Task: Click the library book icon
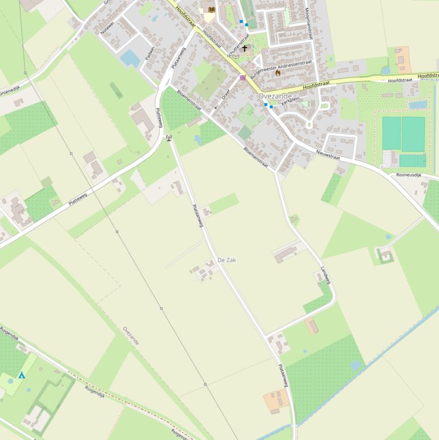tap(212, 9)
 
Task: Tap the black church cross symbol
tap(245, 49)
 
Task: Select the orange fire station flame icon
tap(278, 73)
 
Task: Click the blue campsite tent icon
tap(22, 375)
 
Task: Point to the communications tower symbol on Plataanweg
tap(168, 138)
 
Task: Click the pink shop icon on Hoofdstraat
tap(243, 78)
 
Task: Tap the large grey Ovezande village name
tap(275, 96)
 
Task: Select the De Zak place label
tap(227, 260)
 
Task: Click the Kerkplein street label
tap(291, 99)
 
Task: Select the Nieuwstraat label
tap(328, 154)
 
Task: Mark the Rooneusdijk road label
tap(408, 175)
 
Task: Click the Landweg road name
tap(325, 275)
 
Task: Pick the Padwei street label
tap(150, 53)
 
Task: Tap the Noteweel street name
tap(107, 27)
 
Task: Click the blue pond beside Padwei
tap(130, 58)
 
